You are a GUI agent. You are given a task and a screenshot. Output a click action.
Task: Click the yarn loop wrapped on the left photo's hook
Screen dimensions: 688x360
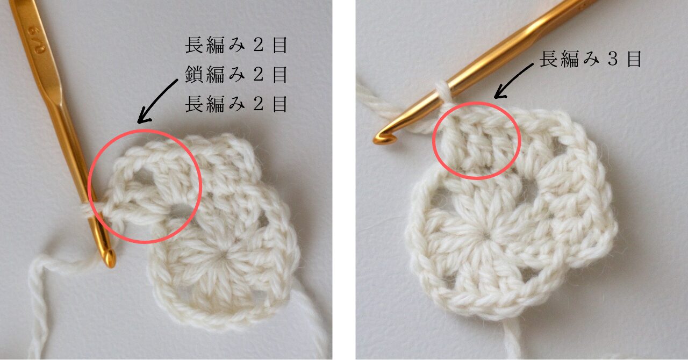click(86, 211)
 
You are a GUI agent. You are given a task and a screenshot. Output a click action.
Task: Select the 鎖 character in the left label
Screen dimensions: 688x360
click(194, 75)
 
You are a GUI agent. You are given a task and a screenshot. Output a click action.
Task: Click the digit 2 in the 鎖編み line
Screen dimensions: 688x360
click(258, 75)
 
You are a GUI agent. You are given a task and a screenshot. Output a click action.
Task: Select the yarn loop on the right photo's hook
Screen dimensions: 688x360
click(442, 92)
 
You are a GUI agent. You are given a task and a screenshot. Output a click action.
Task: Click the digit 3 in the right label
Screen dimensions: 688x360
click(613, 59)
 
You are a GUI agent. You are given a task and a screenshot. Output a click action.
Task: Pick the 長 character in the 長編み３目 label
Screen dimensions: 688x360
click(549, 59)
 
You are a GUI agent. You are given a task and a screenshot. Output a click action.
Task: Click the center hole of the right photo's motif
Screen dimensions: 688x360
click(486, 236)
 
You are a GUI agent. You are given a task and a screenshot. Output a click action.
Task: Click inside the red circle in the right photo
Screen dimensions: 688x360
click(476, 141)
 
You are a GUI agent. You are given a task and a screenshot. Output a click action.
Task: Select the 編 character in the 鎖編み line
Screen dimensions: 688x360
click(216, 75)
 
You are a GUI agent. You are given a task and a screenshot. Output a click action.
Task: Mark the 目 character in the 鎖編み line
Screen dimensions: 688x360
click(280, 75)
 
